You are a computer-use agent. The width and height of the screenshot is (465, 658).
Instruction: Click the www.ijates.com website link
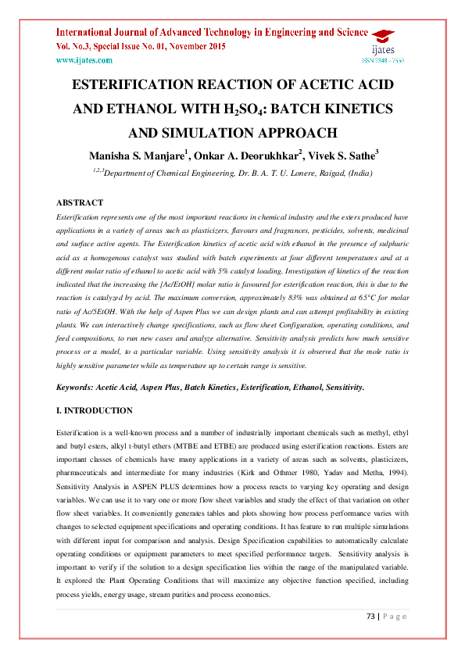click(84, 60)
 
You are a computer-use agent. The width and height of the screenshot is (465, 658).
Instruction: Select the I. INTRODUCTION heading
click(95, 411)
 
